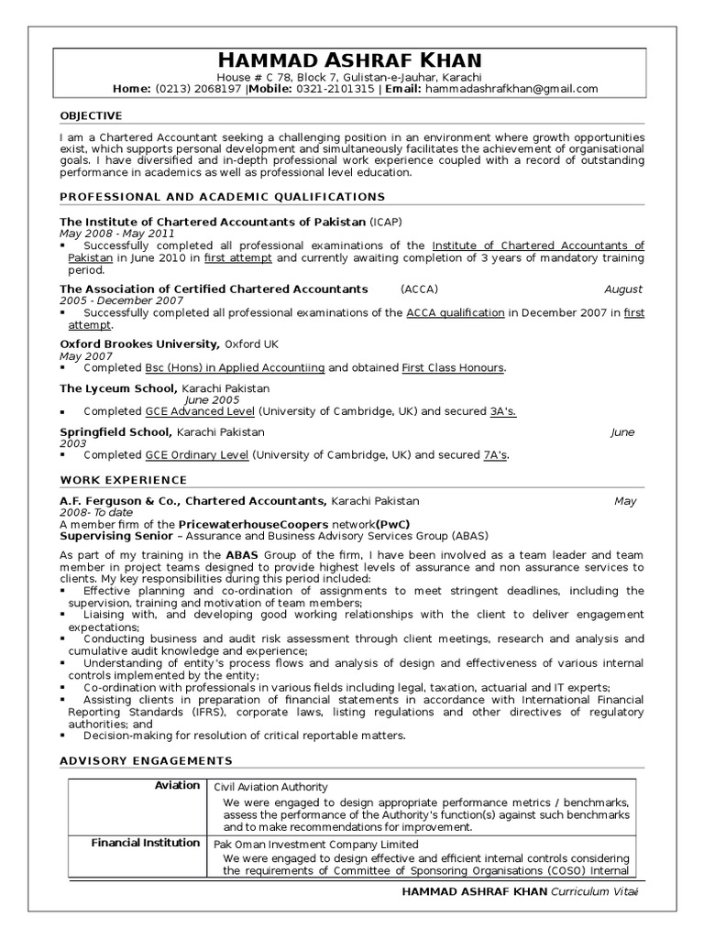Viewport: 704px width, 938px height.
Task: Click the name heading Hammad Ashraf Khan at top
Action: coord(352,60)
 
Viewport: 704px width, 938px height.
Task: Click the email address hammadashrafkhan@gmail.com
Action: coord(511,89)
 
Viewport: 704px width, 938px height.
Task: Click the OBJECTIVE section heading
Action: coord(91,115)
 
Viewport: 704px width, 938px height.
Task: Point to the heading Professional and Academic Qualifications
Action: coord(223,197)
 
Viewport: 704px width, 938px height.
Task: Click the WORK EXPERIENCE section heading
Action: coord(124,480)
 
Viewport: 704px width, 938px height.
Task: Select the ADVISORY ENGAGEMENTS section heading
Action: coord(147,760)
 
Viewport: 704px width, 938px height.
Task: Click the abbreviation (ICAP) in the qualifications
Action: coord(386,222)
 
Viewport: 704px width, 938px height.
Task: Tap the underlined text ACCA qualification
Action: coord(456,312)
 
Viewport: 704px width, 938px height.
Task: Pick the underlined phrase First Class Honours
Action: coord(453,367)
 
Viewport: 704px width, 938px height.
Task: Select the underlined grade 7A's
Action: coord(495,454)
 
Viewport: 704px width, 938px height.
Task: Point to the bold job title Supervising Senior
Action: coord(116,535)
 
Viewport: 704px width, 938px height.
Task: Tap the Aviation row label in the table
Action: coord(177,785)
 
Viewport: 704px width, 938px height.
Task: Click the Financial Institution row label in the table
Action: coord(145,843)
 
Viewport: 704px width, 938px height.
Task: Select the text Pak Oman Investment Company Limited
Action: coord(316,845)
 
